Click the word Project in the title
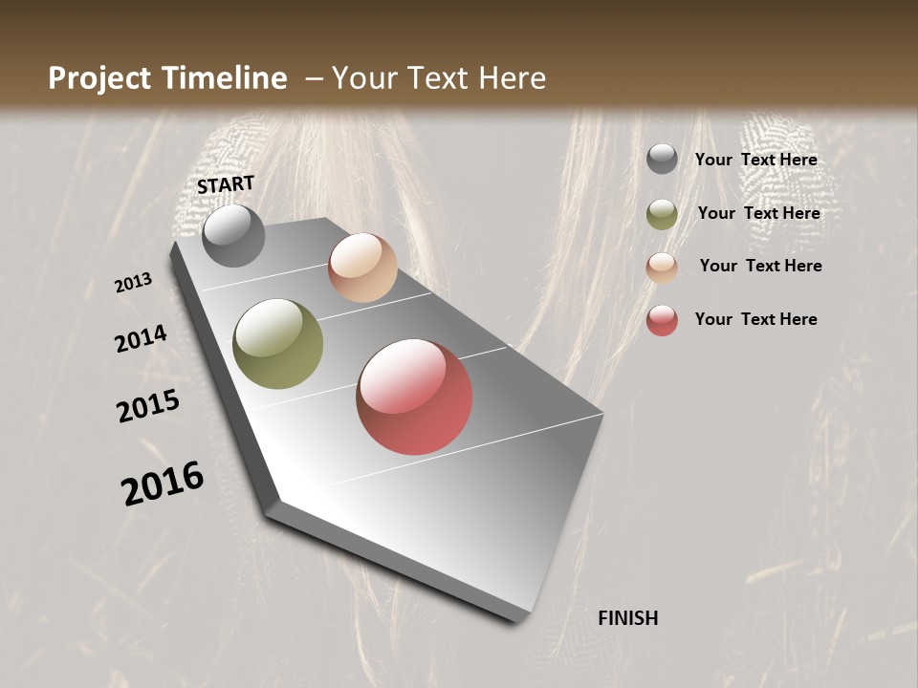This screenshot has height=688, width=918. point(100,78)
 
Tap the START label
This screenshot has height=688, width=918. point(226,184)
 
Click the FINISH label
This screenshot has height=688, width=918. point(627,618)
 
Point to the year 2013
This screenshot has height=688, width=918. point(134,283)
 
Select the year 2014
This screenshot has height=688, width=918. point(142,339)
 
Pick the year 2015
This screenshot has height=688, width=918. point(148,406)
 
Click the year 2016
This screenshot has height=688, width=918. point(163,484)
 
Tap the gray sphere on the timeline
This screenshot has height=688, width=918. point(233,235)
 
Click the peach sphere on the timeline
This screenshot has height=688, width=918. point(362,268)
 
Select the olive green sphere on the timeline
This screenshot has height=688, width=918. point(278,344)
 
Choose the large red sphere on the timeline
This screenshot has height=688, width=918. point(414,397)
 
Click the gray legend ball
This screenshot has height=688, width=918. point(662,159)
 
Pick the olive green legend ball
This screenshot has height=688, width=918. point(662,214)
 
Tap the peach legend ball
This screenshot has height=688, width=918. point(662,268)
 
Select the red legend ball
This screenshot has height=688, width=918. point(662,320)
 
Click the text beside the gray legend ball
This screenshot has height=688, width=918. point(756,161)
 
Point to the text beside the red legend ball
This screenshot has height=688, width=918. point(756,319)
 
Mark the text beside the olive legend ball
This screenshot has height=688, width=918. point(759,213)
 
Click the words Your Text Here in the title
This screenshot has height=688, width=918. point(438,78)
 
